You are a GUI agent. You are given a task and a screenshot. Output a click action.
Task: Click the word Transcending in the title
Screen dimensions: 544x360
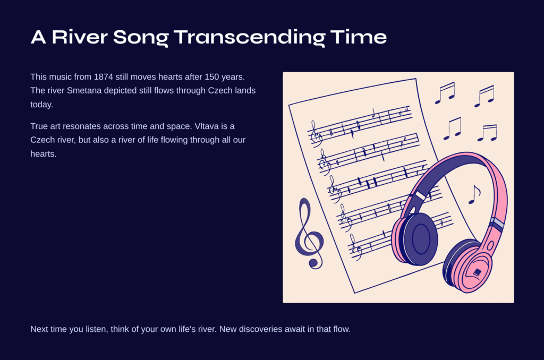tap(250, 37)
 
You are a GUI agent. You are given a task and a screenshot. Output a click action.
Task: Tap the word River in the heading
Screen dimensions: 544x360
tap(80, 37)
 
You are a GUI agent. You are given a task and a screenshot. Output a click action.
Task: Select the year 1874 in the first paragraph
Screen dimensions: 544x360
tap(104, 76)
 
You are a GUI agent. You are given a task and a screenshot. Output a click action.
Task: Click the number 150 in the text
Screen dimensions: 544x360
tap(211, 76)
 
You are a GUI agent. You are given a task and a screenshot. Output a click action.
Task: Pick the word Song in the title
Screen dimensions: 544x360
tap(141, 37)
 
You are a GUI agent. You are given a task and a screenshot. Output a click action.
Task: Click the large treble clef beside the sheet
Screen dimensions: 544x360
tap(309, 233)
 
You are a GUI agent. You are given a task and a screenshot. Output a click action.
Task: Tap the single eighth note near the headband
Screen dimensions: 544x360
tap(474, 194)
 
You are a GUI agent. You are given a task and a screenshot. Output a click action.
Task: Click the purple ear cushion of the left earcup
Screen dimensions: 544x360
tap(421, 239)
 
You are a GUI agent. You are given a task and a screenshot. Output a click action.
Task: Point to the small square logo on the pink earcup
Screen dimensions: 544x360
tap(478, 272)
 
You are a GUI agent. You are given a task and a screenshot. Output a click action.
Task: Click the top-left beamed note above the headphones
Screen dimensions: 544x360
tap(445, 92)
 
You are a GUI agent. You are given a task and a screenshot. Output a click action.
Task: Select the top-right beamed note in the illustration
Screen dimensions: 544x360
tap(484, 96)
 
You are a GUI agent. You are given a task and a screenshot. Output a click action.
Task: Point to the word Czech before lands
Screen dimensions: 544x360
tap(220, 90)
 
